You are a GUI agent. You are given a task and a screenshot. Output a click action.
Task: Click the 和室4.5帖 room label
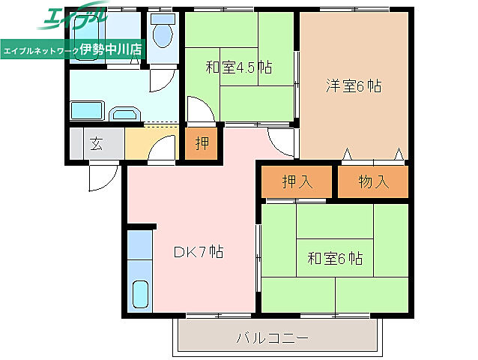pyautogui.click(x=238, y=67)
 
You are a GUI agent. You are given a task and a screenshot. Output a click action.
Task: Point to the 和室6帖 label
pyautogui.click(x=335, y=259)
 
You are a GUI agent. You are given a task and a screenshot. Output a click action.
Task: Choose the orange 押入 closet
pyautogui.click(x=296, y=181)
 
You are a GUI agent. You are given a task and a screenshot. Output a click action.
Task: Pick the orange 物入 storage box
pyautogui.click(x=372, y=181)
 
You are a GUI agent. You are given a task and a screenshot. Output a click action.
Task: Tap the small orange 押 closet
pyautogui.click(x=202, y=144)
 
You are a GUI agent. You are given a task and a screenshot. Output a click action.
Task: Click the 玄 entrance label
pyautogui.click(x=97, y=144)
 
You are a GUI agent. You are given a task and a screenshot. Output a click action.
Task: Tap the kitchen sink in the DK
pyautogui.click(x=140, y=292)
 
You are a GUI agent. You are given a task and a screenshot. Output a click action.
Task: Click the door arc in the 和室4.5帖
pyautogui.click(x=199, y=110)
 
